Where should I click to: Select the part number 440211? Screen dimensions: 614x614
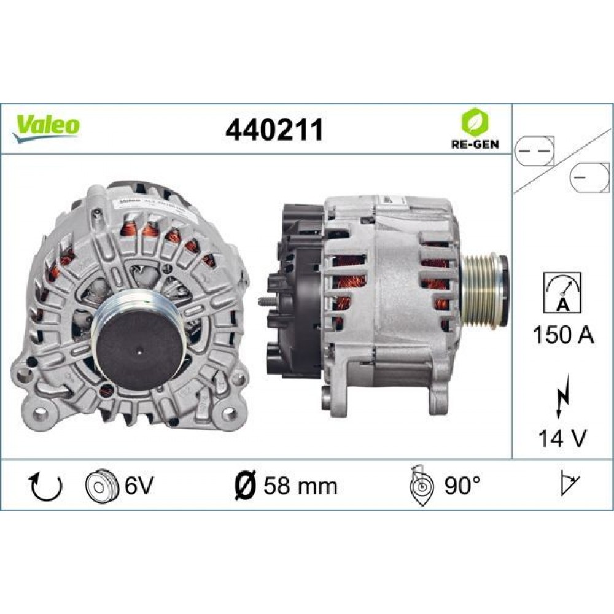coord(274,130)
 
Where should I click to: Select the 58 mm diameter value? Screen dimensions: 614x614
coord(300,486)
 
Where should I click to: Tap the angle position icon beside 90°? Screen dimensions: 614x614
coord(421,486)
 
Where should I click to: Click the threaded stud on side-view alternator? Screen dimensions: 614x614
coord(265,301)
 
